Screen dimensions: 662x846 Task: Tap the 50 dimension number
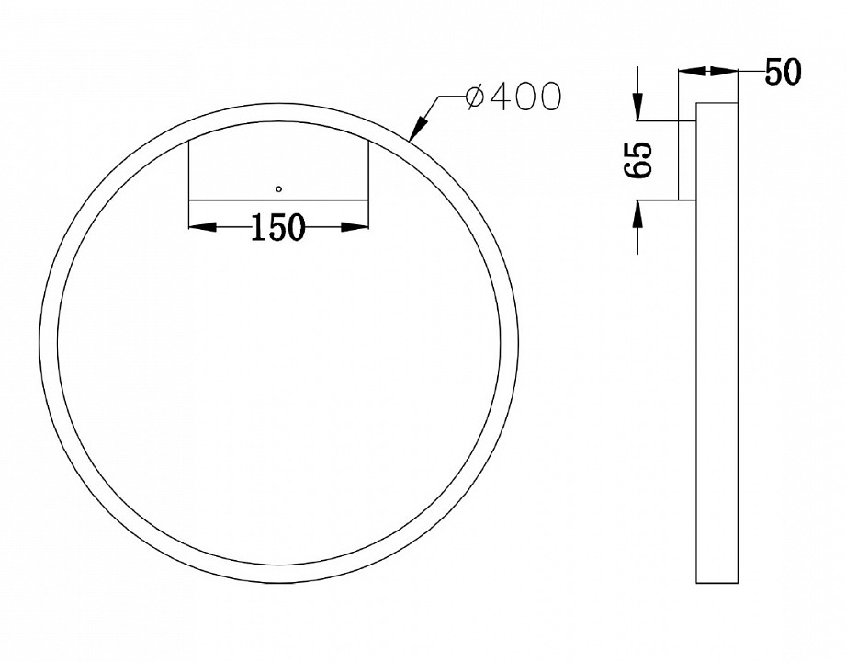click(784, 72)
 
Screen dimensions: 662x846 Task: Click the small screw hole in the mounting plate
click(279, 188)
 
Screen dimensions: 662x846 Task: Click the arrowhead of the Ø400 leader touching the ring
click(413, 132)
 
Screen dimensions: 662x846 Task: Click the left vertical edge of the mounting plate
click(188, 170)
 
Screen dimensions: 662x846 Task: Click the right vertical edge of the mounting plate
click(368, 170)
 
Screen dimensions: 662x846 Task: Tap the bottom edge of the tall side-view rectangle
click(716, 583)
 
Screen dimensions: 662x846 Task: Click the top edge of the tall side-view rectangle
click(716, 101)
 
